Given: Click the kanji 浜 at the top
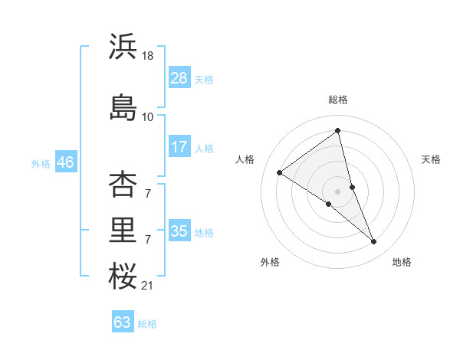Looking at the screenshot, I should point(123,47).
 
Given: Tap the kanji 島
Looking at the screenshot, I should point(123,107).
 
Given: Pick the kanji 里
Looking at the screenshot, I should point(123,230).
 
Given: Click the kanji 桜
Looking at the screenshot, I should point(123,277).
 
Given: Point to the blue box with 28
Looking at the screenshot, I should point(179,78).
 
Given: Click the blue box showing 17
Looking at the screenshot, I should point(179,147).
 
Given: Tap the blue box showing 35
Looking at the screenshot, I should point(179,231).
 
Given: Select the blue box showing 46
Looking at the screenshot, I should point(65,162).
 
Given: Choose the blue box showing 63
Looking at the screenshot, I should point(123,322).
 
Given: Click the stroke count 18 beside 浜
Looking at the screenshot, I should point(149,56).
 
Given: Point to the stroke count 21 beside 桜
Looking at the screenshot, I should point(148,286).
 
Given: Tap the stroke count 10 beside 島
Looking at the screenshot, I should point(148,117).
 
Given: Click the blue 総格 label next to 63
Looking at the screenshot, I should point(148,324).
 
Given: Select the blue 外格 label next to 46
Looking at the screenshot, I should point(41,164).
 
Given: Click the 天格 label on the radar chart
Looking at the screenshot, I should point(431,159).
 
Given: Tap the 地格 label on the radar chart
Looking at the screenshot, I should point(402,262).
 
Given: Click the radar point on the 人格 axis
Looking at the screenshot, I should point(280,172).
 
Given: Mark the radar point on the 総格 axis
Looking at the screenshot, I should point(338,131).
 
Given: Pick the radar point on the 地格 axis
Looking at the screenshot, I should point(374,242).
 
